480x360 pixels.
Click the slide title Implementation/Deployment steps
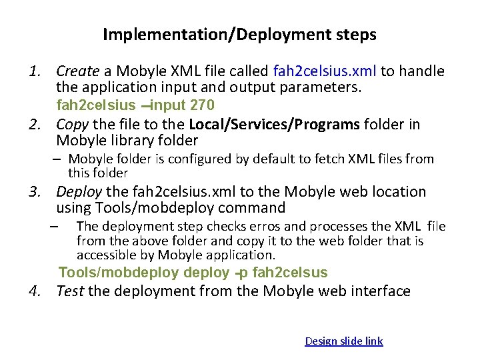(239, 35)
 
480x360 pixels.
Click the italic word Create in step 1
(77, 71)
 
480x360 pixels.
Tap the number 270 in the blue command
(202, 105)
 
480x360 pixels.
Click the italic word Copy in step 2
(71, 124)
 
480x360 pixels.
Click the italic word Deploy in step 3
(79, 191)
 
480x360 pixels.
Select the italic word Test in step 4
(69, 291)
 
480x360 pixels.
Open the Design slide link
(343, 341)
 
